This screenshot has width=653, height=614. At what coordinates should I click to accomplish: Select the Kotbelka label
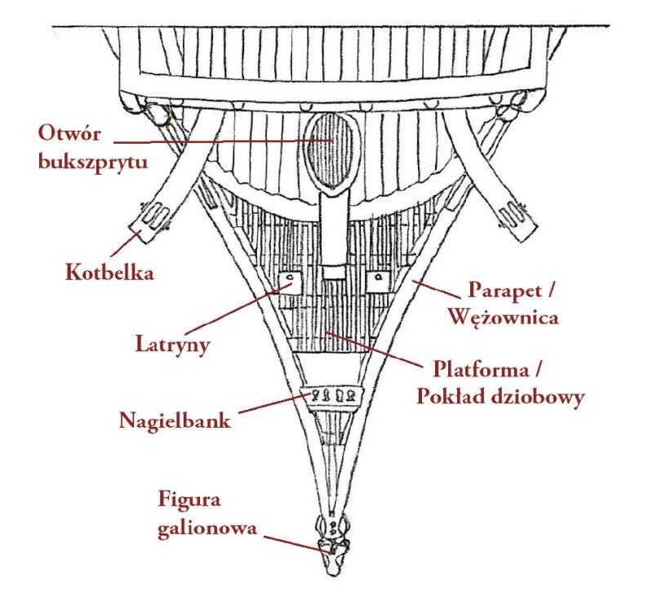coord(109,272)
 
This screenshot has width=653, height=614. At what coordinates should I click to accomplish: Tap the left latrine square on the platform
coord(287,281)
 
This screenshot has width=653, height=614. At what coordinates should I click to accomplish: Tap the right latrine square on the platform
coord(378,281)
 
